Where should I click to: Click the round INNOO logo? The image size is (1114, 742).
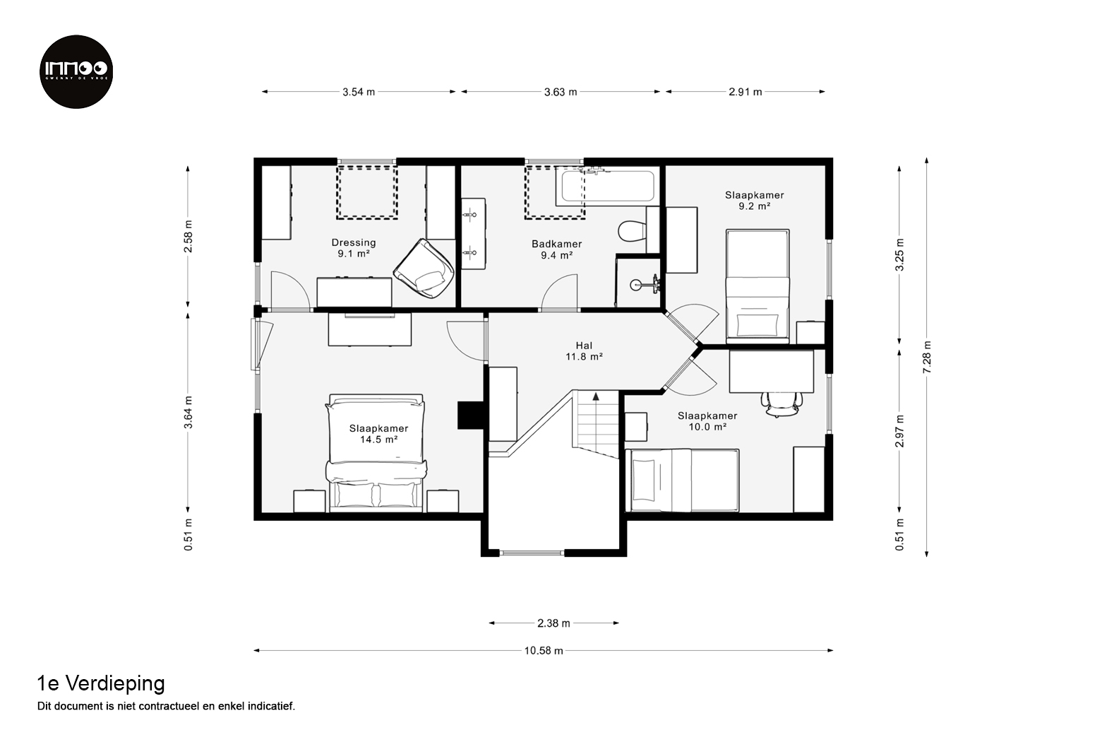[76, 71]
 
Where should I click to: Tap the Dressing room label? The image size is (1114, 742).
[354, 248]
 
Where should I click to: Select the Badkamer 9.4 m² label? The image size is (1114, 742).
[556, 249]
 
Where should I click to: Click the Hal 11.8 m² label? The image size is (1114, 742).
[584, 351]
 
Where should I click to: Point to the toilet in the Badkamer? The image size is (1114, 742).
[632, 231]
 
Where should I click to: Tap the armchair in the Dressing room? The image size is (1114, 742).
[424, 269]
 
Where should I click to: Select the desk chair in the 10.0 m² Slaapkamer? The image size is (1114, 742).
[781, 404]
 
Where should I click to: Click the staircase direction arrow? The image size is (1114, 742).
[595, 396]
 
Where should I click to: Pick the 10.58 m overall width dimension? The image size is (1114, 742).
[544, 650]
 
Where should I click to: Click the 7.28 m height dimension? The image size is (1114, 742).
[926, 357]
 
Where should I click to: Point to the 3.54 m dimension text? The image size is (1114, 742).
[359, 92]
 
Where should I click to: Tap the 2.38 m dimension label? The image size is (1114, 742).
[553, 623]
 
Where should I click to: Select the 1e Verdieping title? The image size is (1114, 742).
[101, 684]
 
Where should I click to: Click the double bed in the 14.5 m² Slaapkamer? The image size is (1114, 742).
[376, 453]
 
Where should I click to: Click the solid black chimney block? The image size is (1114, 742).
[470, 416]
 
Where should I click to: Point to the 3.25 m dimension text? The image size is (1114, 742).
[899, 254]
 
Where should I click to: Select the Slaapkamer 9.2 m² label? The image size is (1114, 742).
[755, 200]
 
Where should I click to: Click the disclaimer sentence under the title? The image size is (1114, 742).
[166, 706]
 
